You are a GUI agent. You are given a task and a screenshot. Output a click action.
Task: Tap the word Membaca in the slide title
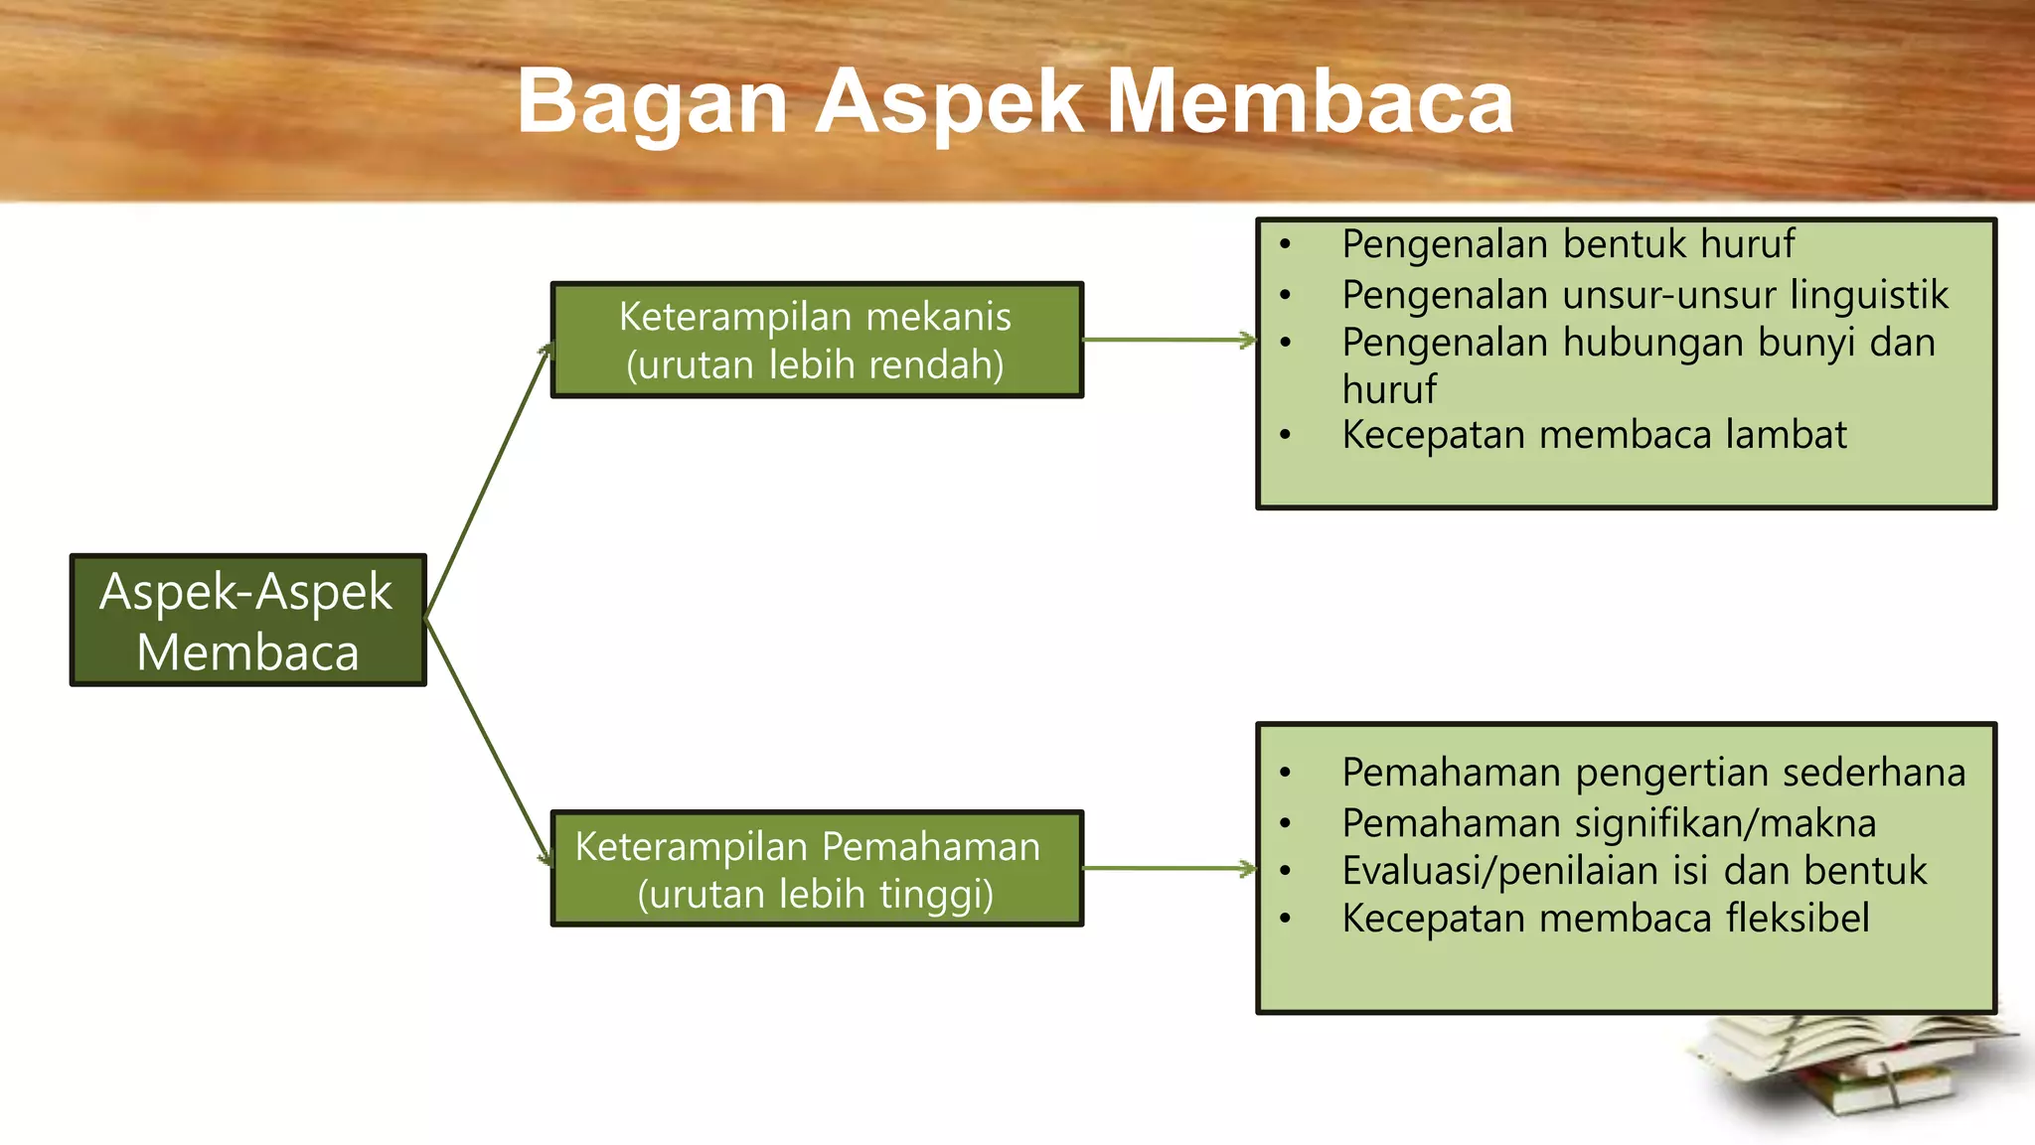coord(1310,101)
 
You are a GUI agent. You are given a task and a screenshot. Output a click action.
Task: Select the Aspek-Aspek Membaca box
coord(247,621)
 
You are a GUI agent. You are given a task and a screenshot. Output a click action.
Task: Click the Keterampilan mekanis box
coord(816,340)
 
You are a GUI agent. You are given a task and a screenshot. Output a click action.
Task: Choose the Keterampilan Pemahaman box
coord(816,869)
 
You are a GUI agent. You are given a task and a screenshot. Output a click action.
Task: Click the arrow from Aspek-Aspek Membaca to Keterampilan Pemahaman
coord(488,741)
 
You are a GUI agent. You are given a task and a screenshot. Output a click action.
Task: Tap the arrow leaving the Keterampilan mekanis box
coord(1169,340)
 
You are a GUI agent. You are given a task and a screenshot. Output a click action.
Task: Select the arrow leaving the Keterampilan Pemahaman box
coord(1169,869)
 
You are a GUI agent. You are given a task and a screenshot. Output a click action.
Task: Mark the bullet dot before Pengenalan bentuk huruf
coord(1286,244)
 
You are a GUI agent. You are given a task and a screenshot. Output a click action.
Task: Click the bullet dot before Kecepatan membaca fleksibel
coord(1286,919)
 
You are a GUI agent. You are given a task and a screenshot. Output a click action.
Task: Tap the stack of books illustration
coord(1853,1073)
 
